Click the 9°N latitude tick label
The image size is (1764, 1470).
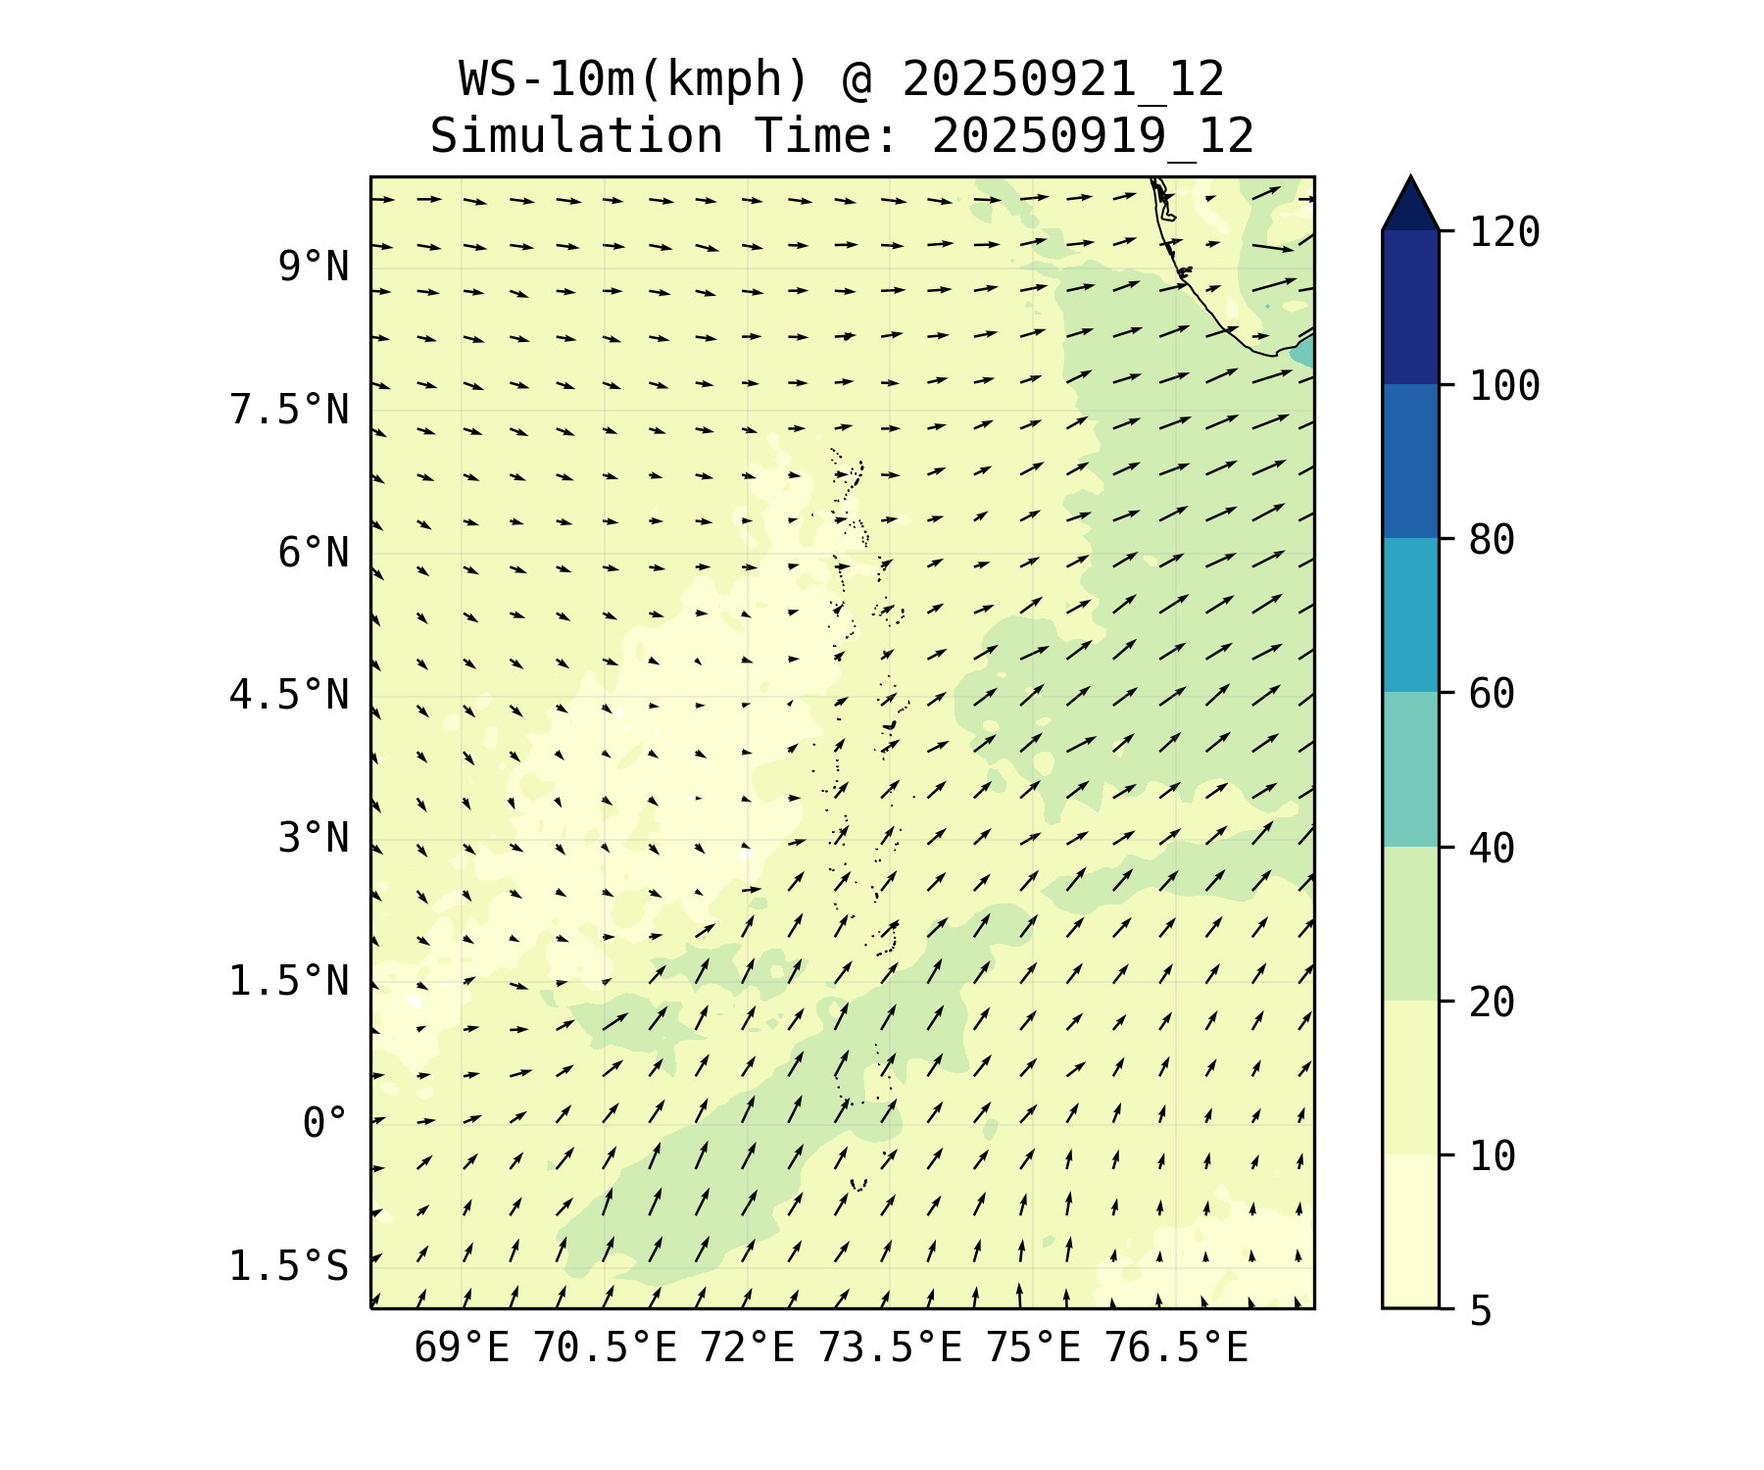click(313, 267)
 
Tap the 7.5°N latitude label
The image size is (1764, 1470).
click(289, 410)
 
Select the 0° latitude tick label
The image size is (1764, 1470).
click(324, 1123)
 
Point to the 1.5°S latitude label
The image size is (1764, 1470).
click(289, 1266)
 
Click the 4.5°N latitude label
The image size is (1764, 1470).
click(289, 695)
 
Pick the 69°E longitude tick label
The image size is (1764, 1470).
click(462, 1348)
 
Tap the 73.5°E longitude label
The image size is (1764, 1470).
click(890, 1348)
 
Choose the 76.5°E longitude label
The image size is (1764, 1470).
click(1176, 1348)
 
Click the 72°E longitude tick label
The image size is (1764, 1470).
click(747, 1348)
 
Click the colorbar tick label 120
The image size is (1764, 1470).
click(1504, 233)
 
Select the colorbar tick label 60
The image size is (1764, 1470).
click(1493, 694)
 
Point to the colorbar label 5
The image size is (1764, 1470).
click(1481, 1310)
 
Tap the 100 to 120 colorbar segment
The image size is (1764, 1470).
click(1410, 307)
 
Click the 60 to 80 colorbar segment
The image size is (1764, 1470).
click(1410, 614)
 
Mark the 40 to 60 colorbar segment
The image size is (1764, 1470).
click(1410, 769)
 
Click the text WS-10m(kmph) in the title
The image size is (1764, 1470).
click(635, 79)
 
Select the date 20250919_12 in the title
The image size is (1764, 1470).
click(1093, 136)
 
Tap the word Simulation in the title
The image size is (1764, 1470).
click(576, 136)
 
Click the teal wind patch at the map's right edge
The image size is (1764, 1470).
click(1304, 351)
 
